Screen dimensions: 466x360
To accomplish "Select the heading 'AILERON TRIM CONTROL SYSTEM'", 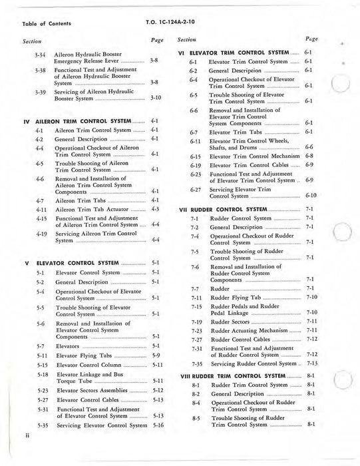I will (84, 121).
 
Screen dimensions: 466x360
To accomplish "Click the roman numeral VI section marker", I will (182, 52).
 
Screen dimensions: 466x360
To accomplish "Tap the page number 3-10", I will (156, 97).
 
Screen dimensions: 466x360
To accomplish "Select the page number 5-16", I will (158, 424).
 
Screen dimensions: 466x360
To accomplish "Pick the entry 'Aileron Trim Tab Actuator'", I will (91, 208).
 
